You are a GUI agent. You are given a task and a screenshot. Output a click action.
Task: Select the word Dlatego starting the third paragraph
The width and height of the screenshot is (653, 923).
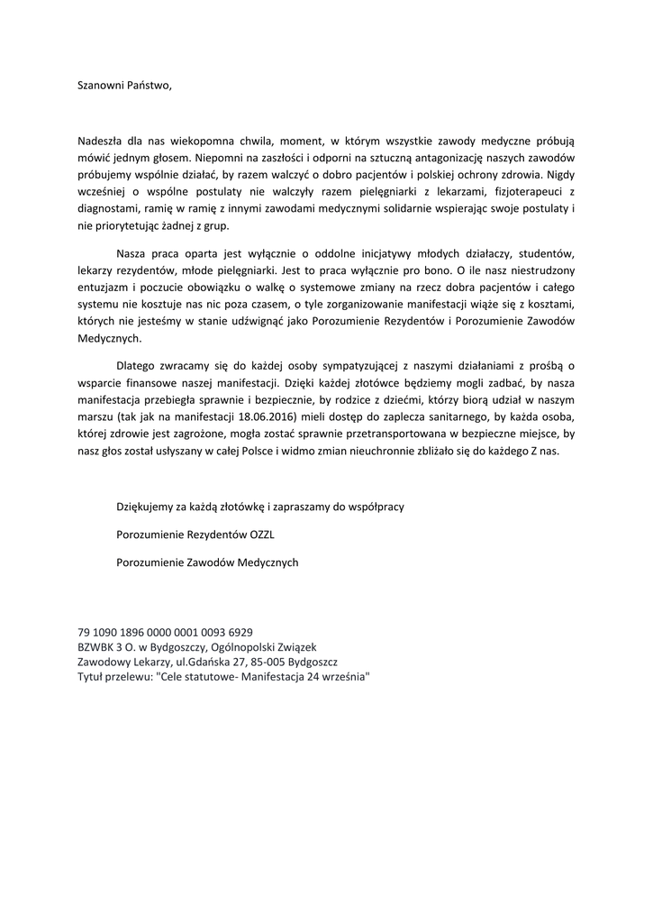[138, 365]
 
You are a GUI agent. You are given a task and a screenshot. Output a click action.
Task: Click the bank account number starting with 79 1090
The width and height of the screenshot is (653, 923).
[166, 633]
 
